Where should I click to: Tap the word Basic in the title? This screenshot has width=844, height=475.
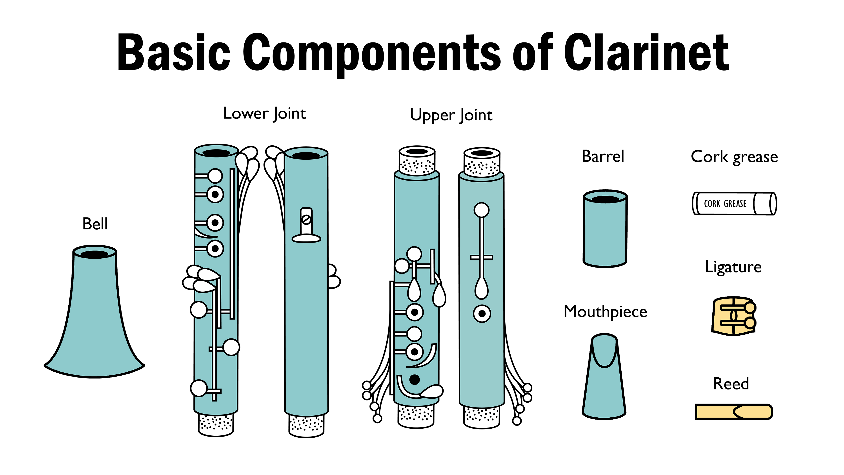coord(174,53)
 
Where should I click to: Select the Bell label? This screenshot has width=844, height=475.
coord(95,224)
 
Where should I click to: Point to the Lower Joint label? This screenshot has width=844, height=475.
coord(264,114)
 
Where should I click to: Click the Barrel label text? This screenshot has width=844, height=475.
coord(603,156)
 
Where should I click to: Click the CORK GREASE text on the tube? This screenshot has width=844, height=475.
coord(725,204)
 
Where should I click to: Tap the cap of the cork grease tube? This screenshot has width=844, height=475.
coord(765,204)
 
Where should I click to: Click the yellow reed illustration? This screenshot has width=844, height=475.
coord(734,412)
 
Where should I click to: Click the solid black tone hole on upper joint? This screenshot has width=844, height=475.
coord(415,380)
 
